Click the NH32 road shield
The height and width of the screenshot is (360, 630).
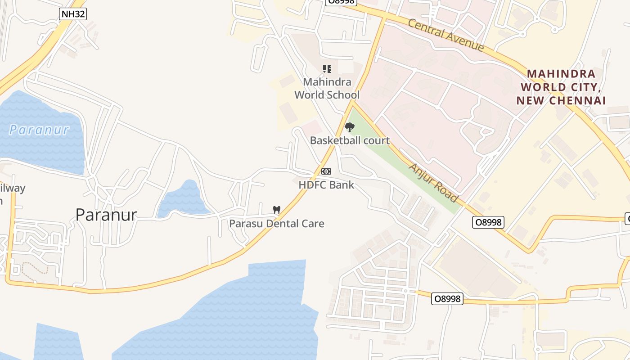[72, 14]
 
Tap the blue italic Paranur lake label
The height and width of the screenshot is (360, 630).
[39, 130]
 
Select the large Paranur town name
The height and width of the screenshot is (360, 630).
[106, 215]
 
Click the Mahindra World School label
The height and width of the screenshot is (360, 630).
[327, 89]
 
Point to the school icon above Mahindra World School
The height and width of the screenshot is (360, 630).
[327, 69]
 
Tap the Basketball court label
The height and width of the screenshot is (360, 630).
[350, 140]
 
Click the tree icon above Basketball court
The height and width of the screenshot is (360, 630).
[349, 127]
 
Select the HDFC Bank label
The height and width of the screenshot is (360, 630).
[326, 184]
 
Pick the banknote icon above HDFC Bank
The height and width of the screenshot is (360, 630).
[326, 171]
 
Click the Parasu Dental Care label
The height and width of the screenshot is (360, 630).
[277, 223]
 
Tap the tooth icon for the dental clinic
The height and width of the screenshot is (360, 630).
[277, 210]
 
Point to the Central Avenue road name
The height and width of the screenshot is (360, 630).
[446, 35]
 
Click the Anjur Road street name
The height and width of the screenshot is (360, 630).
[433, 183]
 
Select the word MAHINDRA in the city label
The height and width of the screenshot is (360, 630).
[561, 74]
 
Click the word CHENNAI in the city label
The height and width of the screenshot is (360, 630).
[581, 100]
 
